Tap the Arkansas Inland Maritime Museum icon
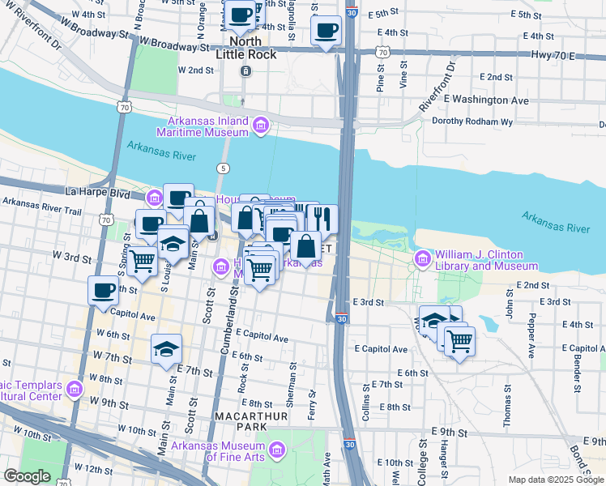pyautogui.click(x=260, y=126)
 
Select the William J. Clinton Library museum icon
pyautogui.click(x=421, y=259)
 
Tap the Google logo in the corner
pyautogui.click(x=28, y=477)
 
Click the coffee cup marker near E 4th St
pyautogui.click(x=326, y=31)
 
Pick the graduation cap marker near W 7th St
pyautogui.click(x=166, y=349)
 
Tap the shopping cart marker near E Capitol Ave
pyautogui.click(x=459, y=340)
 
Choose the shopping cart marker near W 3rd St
pyautogui.click(x=143, y=261)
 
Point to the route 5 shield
pyautogui.click(x=224, y=168)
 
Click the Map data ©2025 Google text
pyautogui.click(x=556, y=480)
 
